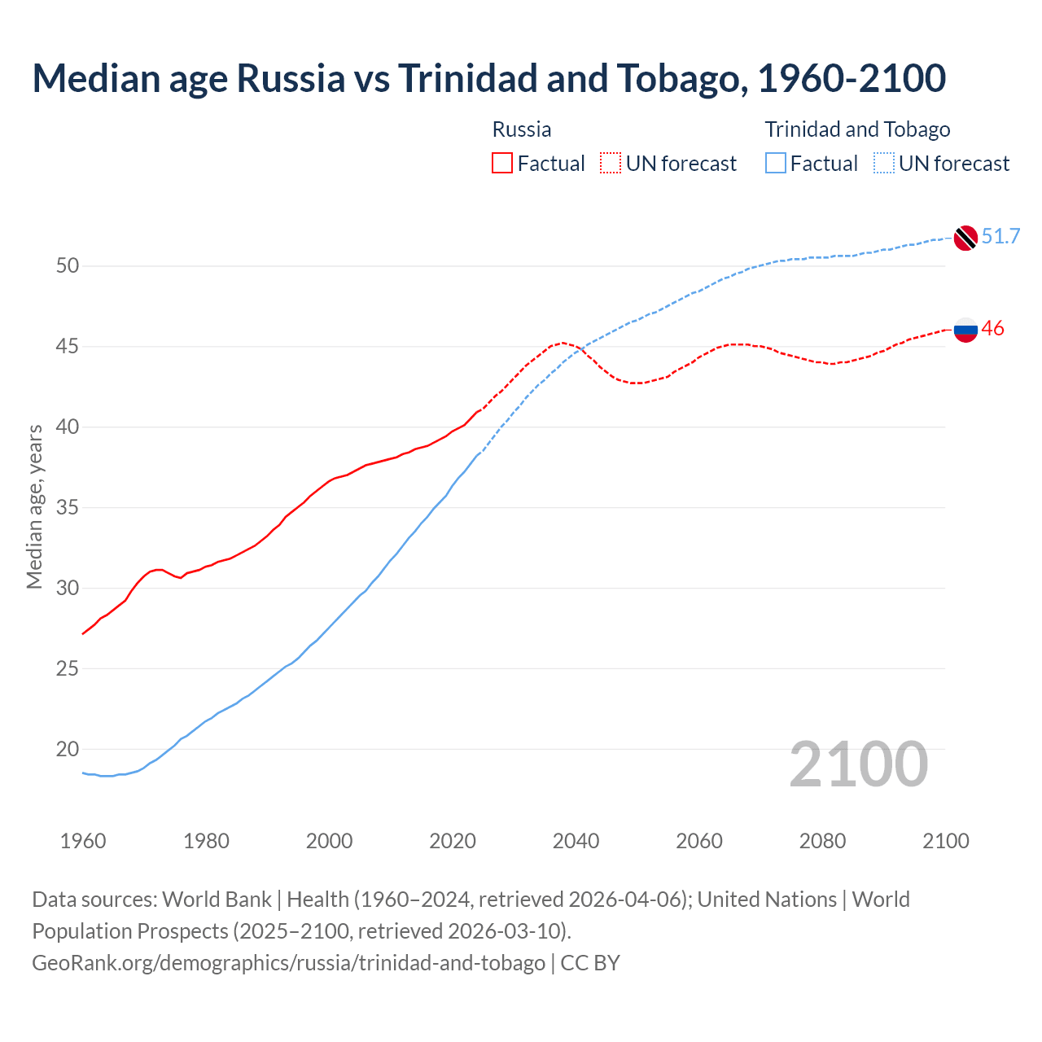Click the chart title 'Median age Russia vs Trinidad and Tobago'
tap(488, 78)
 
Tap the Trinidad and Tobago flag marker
tap(965, 237)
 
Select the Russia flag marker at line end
tap(965, 330)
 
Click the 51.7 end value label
tap(1000, 236)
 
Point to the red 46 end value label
tap(992, 329)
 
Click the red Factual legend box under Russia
tap(502, 164)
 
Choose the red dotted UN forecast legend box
tap(611, 164)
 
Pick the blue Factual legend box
tap(776, 164)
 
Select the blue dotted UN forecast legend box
tap(884, 164)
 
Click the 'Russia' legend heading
tap(522, 129)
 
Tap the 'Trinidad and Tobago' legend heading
tap(857, 129)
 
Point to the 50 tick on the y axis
tap(68, 266)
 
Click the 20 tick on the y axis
tap(68, 749)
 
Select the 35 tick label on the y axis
tap(68, 508)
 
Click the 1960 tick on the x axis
tap(83, 841)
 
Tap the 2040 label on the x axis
tap(576, 841)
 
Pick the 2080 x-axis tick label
tap(822, 841)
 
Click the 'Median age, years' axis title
tap(34, 506)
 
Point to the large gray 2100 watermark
tap(859, 764)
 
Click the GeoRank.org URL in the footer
tap(288, 963)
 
